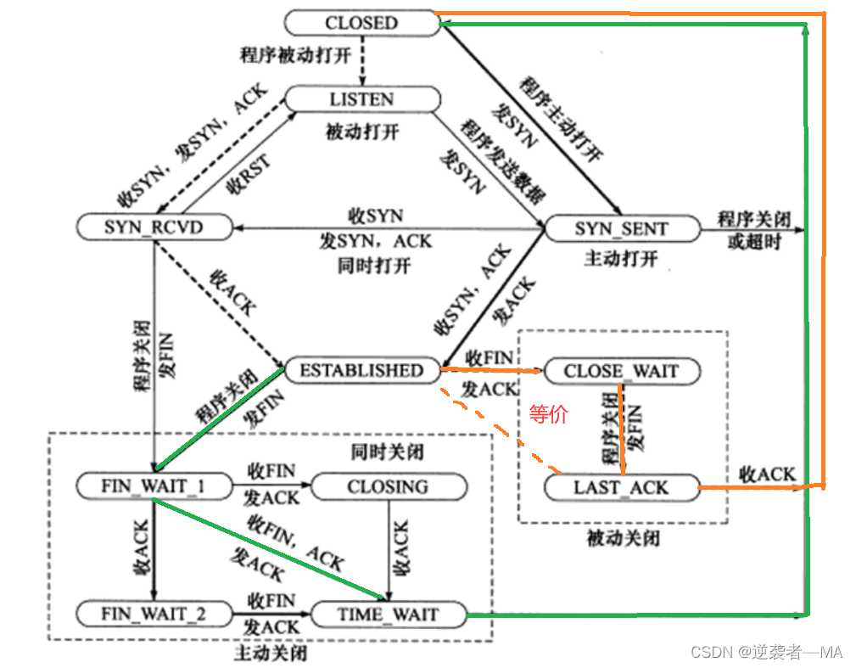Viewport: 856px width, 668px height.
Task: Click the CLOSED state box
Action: [x=361, y=23]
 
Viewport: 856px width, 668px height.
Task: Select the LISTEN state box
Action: [x=361, y=99]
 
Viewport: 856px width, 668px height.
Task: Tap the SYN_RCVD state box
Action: [x=154, y=227]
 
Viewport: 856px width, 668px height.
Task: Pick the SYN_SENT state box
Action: [x=621, y=228]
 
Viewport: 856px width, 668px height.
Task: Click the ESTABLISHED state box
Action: [x=361, y=370]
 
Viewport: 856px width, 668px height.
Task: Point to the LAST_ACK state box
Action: [x=621, y=487]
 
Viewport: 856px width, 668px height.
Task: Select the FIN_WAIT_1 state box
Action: [x=154, y=486]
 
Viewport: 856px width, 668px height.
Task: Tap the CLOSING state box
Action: [x=389, y=486]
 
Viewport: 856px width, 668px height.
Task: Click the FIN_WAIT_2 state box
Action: [x=154, y=613]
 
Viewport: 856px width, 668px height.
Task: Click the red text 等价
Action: [x=548, y=414]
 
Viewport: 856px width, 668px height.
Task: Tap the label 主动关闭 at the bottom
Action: [x=270, y=653]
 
